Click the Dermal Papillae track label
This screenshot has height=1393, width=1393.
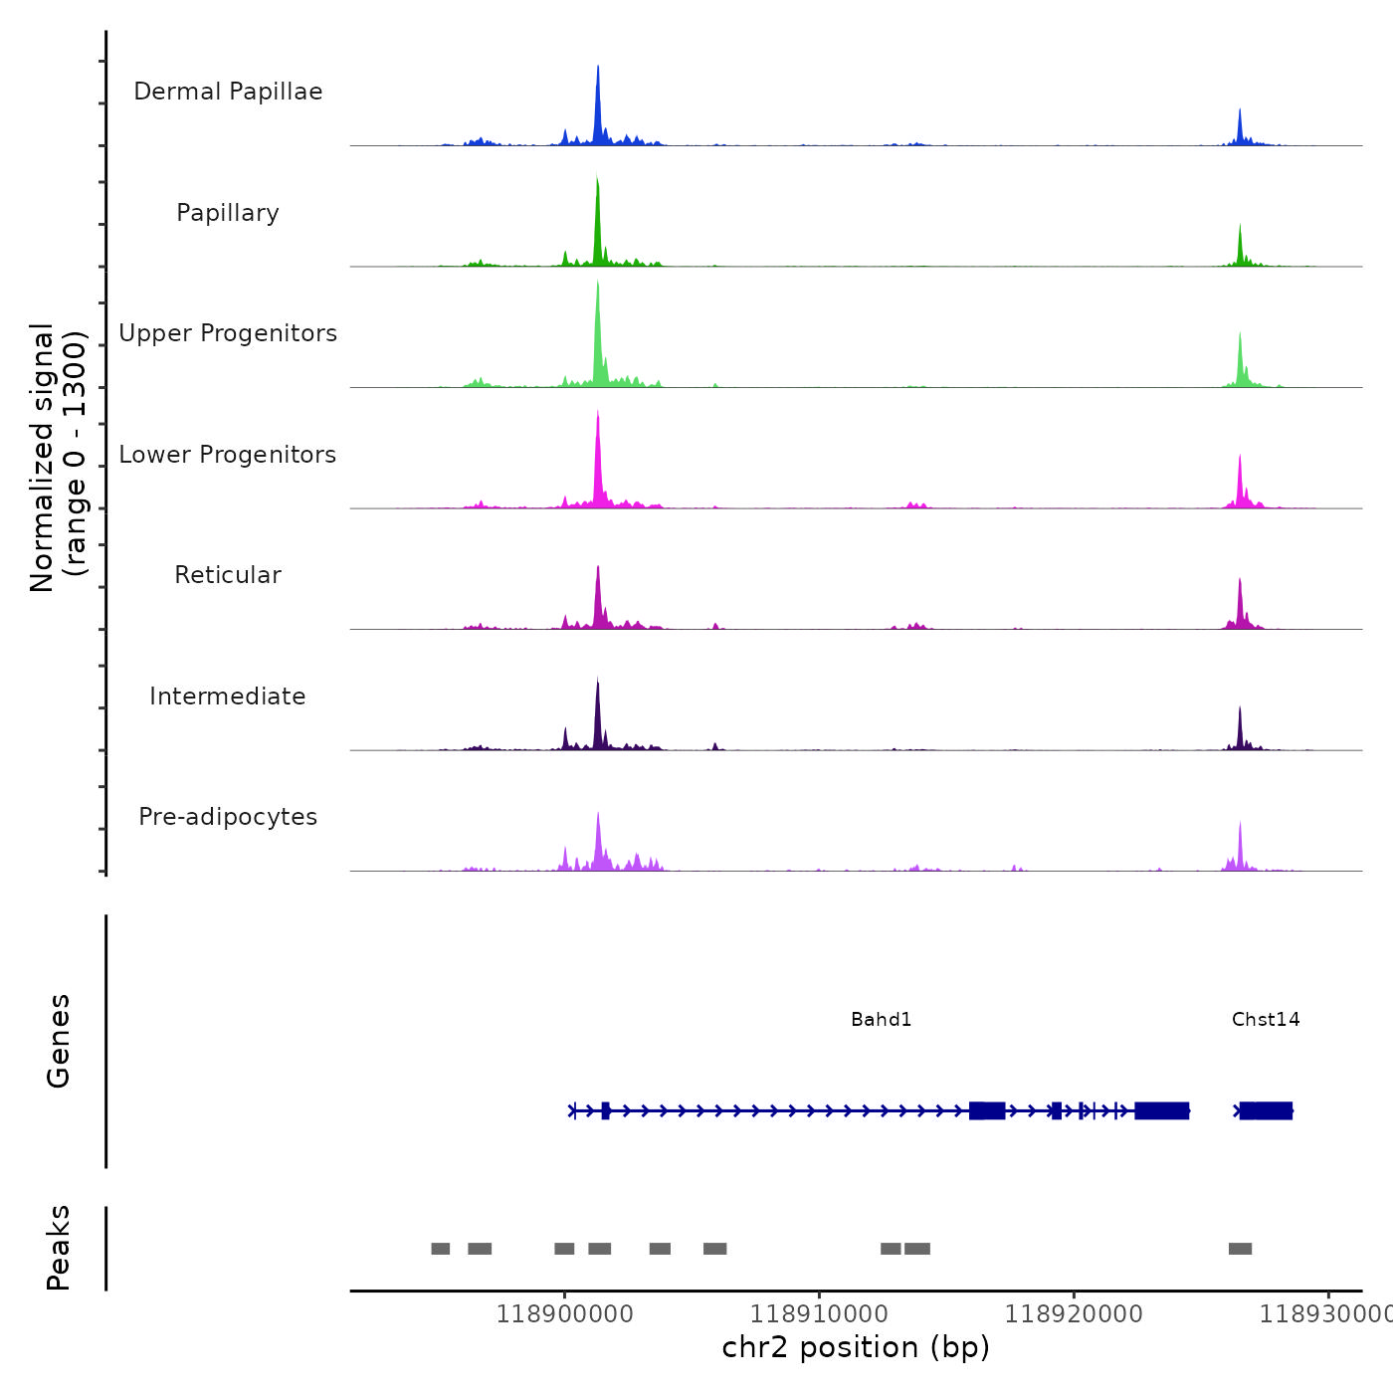[x=228, y=92]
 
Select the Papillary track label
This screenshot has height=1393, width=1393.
[x=228, y=213]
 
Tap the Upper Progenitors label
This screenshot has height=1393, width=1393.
[x=228, y=333]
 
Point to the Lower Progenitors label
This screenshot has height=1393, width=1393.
[x=228, y=455]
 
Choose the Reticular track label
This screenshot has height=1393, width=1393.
[x=228, y=575]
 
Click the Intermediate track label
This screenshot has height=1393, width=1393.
[x=228, y=696]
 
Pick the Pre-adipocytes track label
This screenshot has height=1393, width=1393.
[x=228, y=817]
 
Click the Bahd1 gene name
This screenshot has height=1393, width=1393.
[x=881, y=1020]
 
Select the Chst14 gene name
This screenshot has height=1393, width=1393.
[x=1266, y=1020]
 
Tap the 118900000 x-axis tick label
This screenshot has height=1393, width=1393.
[x=564, y=1314]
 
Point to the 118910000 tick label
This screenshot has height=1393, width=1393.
[x=819, y=1314]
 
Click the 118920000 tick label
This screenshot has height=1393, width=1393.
[x=1074, y=1314]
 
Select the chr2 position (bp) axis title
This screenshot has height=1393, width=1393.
[x=856, y=1348]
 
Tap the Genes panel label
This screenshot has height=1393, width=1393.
[x=59, y=1041]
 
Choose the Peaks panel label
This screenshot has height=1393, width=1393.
[x=59, y=1248]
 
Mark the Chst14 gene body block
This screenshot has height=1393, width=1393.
[x=1266, y=1110]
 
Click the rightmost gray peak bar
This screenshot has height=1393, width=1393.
[x=1240, y=1249]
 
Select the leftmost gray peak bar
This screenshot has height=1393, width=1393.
[x=440, y=1249]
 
